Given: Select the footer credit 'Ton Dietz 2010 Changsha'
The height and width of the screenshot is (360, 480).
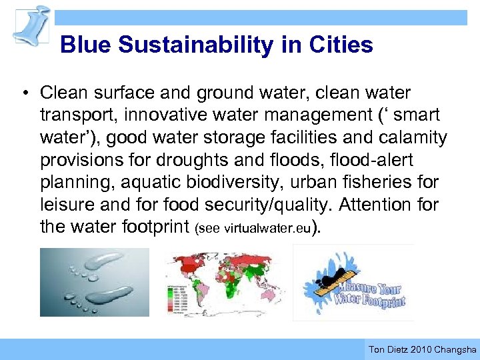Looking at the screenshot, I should (x=422, y=349).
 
